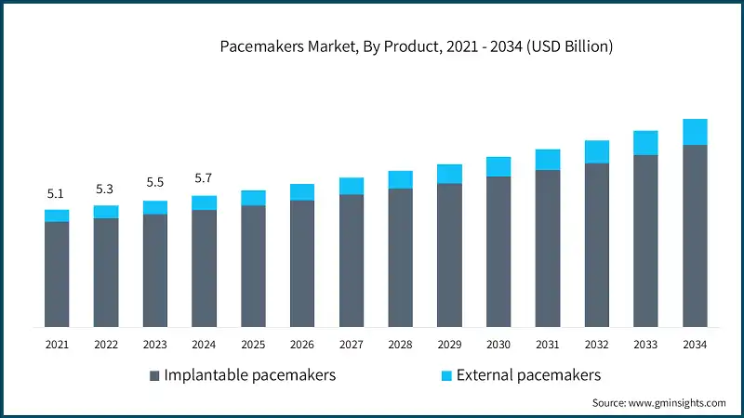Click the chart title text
coord(416,46)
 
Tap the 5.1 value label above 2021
coord(56,194)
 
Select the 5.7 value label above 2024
coord(204,178)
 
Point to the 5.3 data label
coord(105,189)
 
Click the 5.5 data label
coord(154,184)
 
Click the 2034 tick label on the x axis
coord(695,345)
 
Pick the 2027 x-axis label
coord(351,345)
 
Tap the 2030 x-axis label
coord(498,345)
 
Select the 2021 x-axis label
coord(57,345)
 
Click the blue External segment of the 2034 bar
coord(695,132)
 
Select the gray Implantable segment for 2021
coord(57,274)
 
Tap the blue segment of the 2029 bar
coord(449,174)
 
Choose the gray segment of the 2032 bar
coord(596,244)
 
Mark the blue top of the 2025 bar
coord(253,198)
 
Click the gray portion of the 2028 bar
coord(400,257)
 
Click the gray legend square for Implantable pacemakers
coord(154,376)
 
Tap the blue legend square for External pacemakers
coord(446,376)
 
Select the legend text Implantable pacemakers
coord(249,375)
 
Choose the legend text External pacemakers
coord(528,375)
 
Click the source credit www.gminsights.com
coord(658,403)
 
